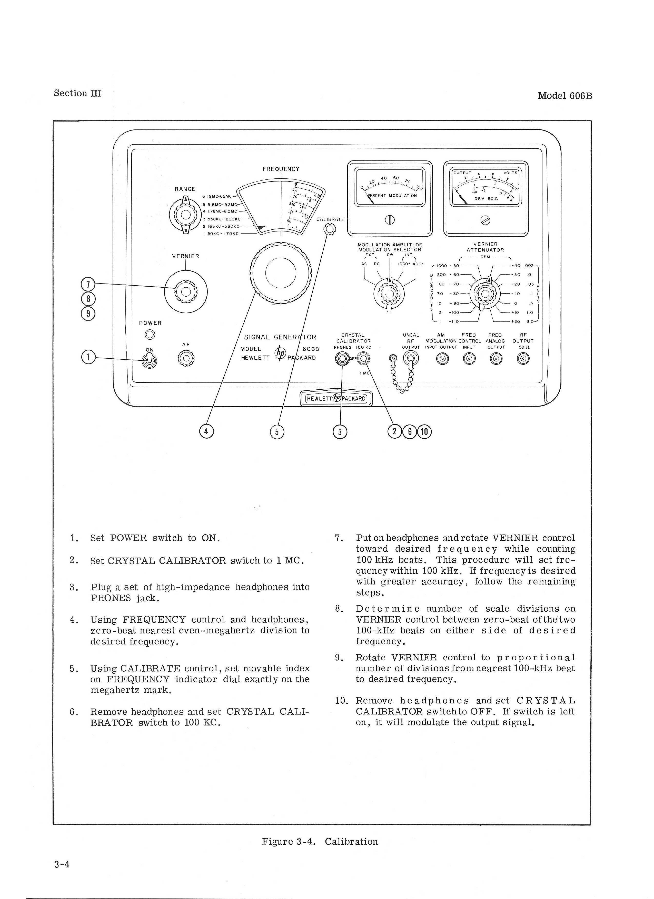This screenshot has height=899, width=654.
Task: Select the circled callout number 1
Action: [x=88, y=357]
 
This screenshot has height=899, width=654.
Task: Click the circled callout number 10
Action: [x=424, y=432]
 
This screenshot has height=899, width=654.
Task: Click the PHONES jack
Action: [x=341, y=359]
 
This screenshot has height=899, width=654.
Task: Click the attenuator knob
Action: [x=485, y=294]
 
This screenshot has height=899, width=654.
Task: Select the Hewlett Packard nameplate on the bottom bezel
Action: [x=336, y=398]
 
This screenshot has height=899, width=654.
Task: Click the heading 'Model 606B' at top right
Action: [x=565, y=96]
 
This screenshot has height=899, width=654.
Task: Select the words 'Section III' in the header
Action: [x=78, y=94]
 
